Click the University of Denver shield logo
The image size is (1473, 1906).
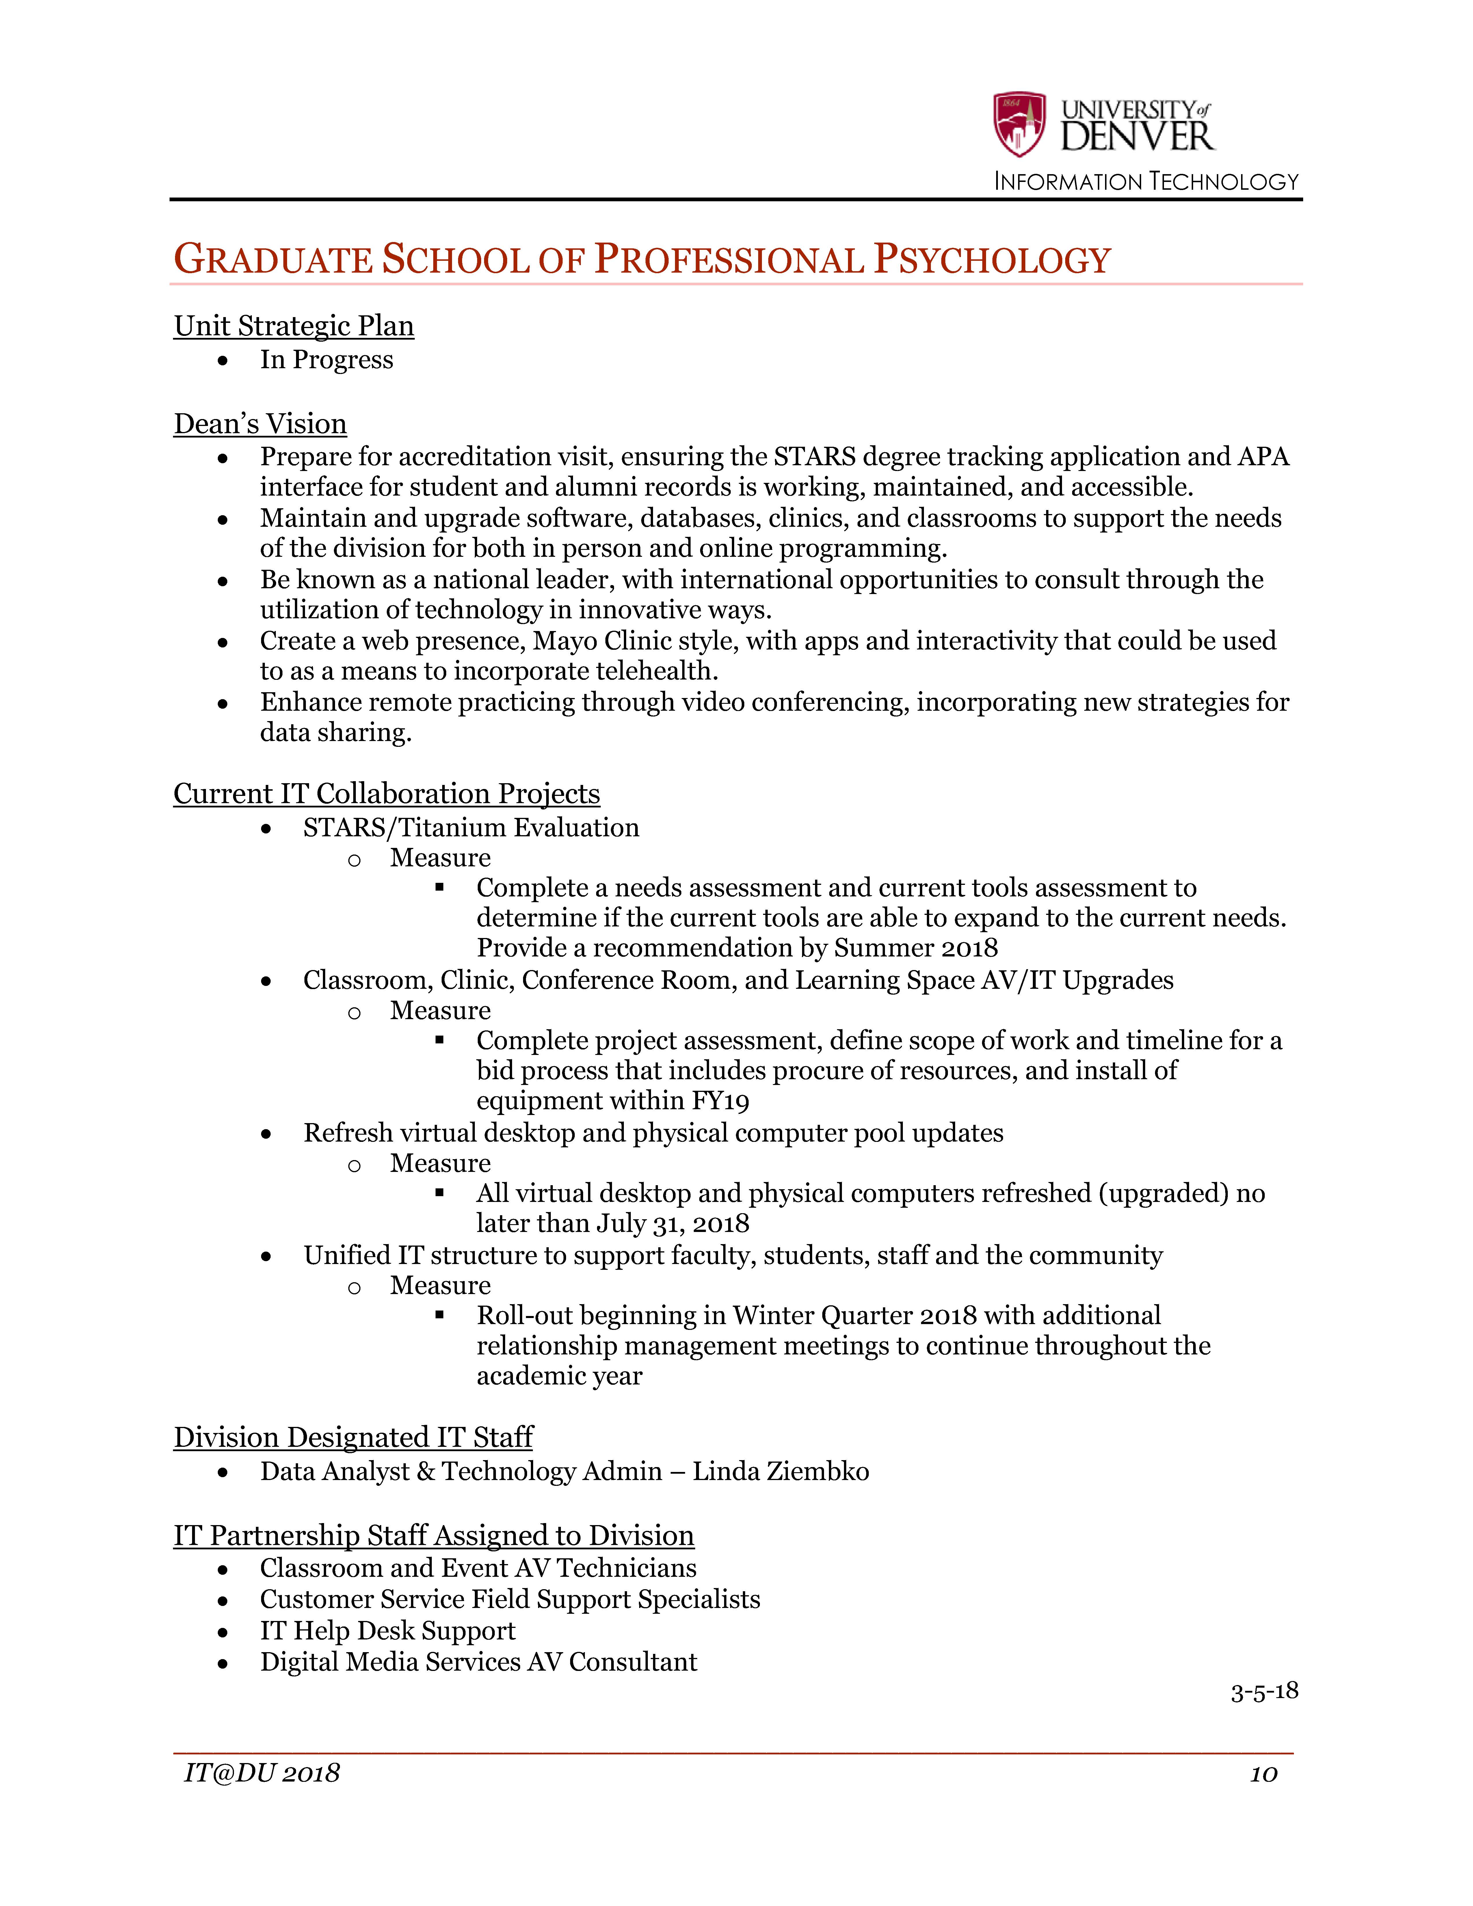(1019, 124)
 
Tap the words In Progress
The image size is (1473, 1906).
(326, 360)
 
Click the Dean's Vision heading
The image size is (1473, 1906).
(260, 423)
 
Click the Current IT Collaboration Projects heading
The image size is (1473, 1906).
(386, 793)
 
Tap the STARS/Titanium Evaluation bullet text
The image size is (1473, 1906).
(471, 827)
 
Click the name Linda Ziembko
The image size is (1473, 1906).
(781, 1471)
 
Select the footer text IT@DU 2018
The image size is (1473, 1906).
(262, 1773)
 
